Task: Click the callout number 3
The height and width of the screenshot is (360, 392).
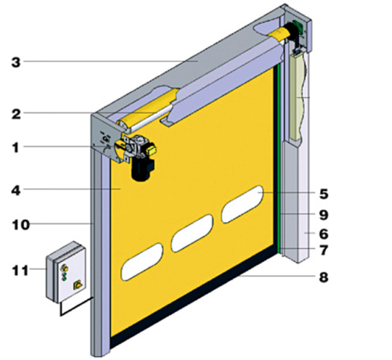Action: (x=16, y=62)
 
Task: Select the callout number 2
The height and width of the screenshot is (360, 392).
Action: (x=16, y=114)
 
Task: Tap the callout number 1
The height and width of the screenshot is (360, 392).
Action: (x=16, y=147)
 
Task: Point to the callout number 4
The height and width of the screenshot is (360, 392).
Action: (x=16, y=190)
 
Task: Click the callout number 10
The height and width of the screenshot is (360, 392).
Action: (x=21, y=225)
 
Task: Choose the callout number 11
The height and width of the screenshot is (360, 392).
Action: (x=20, y=270)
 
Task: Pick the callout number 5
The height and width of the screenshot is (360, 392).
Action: (x=324, y=194)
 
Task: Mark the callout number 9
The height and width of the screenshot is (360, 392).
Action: (x=324, y=215)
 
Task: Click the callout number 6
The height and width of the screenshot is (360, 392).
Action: (x=324, y=234)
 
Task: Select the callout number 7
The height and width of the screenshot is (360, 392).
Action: (x=324, y=250)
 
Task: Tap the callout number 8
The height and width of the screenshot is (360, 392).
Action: (x=324, y=277)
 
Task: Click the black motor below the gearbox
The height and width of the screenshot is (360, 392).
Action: (x=142, y=168)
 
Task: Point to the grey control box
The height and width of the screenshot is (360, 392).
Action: (x=66, y=272)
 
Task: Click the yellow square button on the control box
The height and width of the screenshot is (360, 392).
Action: (x=78, y=285)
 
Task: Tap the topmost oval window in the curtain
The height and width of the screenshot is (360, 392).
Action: (x=242, y=204)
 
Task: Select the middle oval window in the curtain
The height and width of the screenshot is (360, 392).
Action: (x=192, y=233)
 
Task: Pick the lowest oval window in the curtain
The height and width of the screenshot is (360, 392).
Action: (x=142, y=262)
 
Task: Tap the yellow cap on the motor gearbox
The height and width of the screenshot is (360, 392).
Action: (x=151, y=150)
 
